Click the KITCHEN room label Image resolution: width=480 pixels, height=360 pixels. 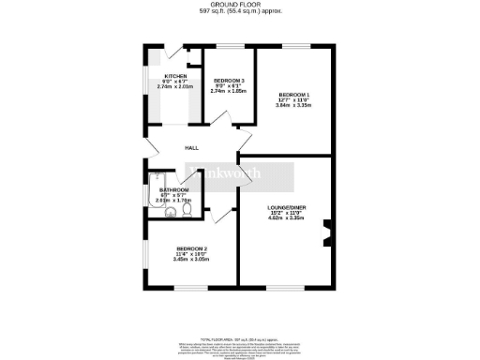(175, 76)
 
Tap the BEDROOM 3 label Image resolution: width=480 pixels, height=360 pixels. (228, 80)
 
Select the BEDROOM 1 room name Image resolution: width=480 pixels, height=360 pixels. (293, 94)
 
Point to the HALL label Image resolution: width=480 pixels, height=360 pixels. (191, 148)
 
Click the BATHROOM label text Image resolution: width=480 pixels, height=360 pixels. (174, 189)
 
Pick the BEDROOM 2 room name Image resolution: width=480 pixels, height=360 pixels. (191, 247)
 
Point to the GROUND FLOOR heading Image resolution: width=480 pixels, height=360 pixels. (239, 5)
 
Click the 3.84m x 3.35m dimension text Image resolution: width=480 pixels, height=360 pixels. (293, 105)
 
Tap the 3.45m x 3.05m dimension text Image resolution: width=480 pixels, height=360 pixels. (191, 259)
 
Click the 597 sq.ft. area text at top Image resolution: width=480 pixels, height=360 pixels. (239, 11)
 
